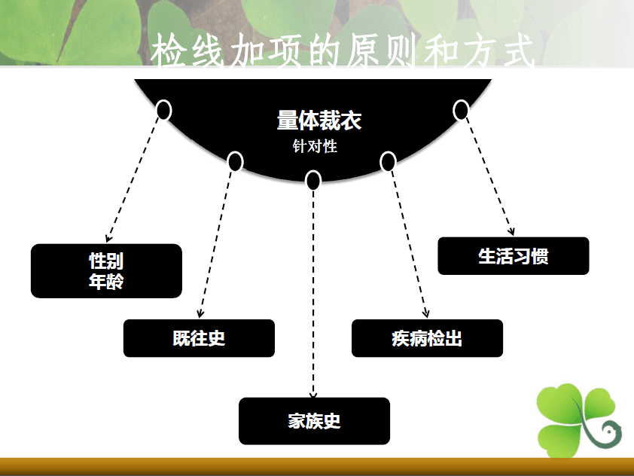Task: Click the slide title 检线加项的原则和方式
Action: [x=343, y=50]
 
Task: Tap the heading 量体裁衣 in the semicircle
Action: [x=319, y=120]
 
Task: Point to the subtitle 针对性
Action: [x=315, y=146]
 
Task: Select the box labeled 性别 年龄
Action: [x=106, y=271]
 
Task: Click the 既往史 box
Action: [x=199, y=338]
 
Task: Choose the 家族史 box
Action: [x=314, y=421]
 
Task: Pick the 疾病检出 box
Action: [x=427, y=338]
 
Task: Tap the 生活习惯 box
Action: [x=513, y=256]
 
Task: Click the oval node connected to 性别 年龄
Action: [x=163, y=110]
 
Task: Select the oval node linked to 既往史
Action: [x=236, y=161]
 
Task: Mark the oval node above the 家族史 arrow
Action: [x=313, y=180]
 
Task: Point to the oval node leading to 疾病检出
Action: [x=388, y=161]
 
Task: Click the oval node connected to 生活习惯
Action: [x=461, y=110]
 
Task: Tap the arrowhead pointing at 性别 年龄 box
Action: [x=108, y=238]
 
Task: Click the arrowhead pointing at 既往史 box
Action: [x=200, y=313]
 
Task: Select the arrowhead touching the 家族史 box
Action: [x=313, y=395]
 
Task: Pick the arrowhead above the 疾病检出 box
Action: [x=425, y=313]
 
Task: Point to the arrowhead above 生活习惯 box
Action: [x=511, y=231]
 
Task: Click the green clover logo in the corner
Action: [x=579, y=420]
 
